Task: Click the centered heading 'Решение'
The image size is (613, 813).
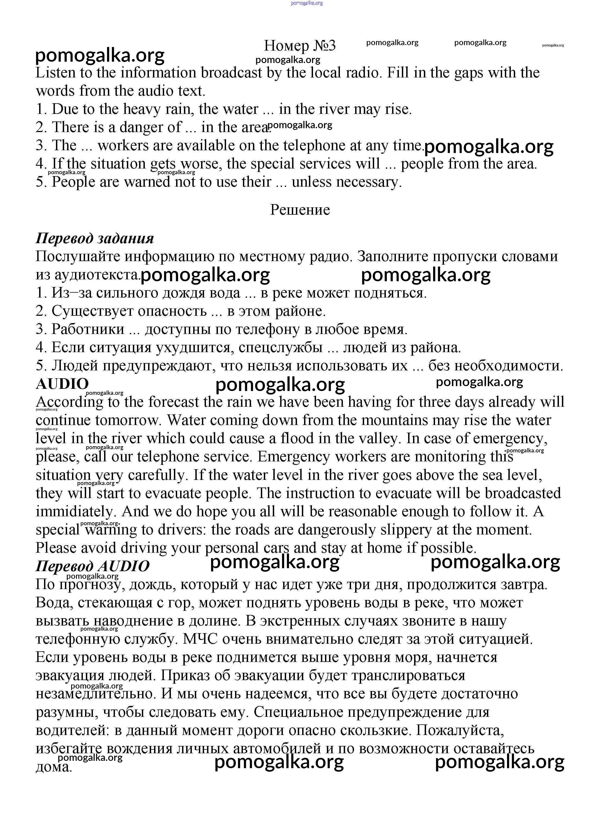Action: (x=300, y=210)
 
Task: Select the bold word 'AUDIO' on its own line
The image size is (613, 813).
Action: (x=62, y=384)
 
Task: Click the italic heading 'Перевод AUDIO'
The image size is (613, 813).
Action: (x=93, y=566)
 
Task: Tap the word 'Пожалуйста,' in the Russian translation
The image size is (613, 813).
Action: (x=459, y=730)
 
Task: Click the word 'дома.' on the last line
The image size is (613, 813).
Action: (x=54, y=767)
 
